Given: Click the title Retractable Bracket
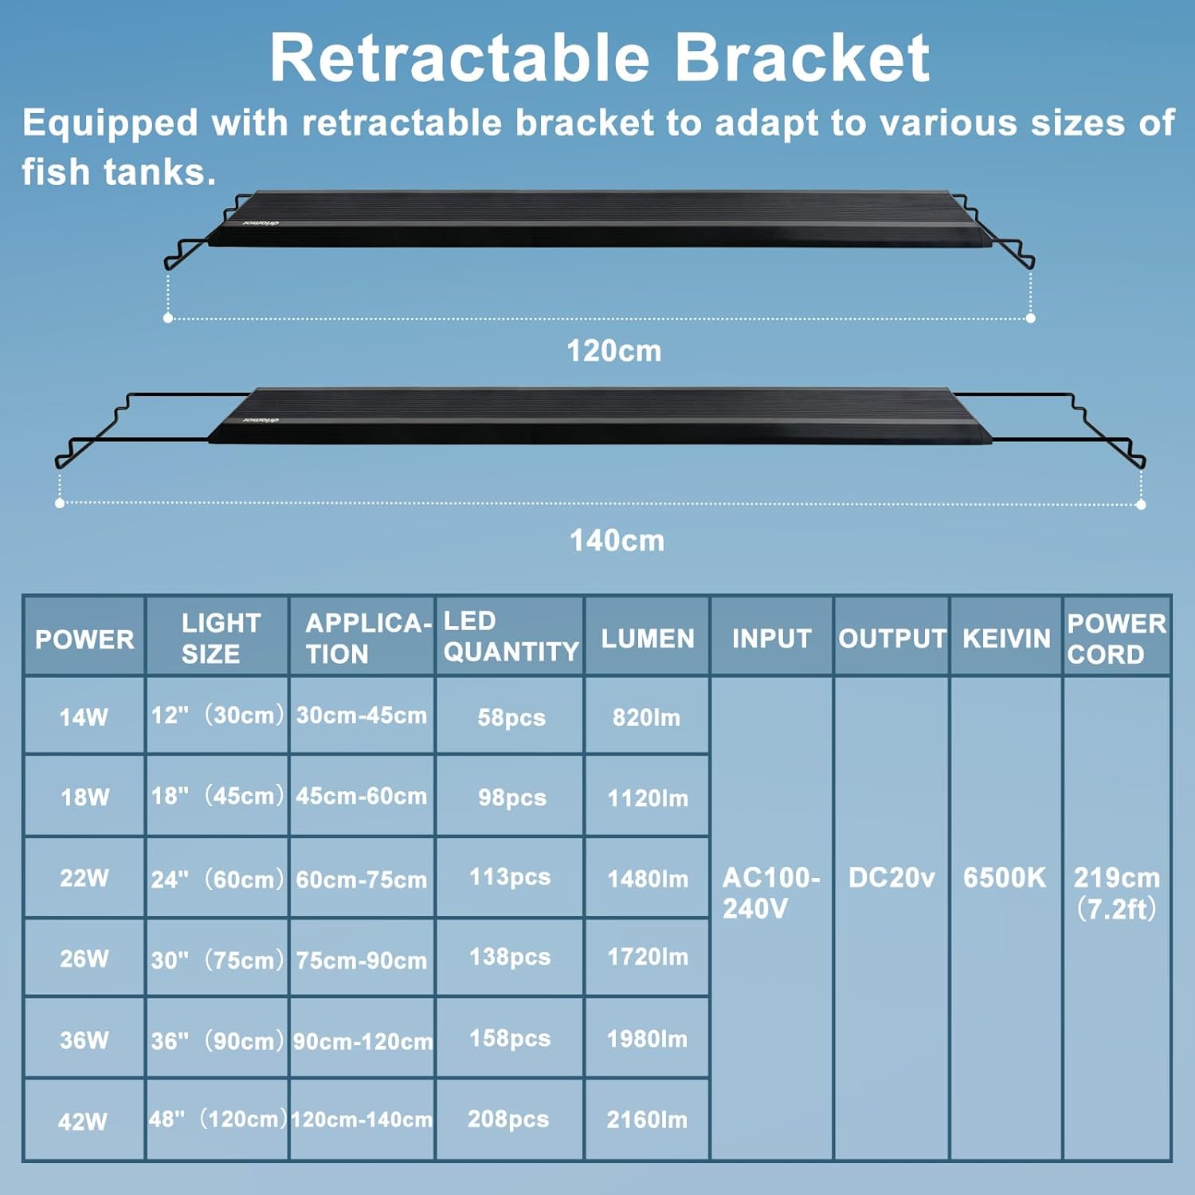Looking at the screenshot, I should pos(599,58).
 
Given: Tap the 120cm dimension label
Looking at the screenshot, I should pos(613,351).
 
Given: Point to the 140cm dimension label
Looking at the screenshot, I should pos(617,541).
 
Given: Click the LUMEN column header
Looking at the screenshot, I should pos(648,638).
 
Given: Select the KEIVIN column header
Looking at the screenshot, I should pos(1006,638).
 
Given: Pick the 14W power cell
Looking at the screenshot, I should pos(84,717).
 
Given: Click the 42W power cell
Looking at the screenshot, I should pos(83,1121).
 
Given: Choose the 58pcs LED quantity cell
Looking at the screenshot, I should pos(511,717).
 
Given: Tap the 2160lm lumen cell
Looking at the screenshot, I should pos(647,1119).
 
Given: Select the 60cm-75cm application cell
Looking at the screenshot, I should pos(362,880).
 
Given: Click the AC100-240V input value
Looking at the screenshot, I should pos(770,892).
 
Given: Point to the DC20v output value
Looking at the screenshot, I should pos(891,877).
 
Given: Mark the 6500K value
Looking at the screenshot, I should pos(1005,877).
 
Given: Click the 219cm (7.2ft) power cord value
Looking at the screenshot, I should pos(1116,892).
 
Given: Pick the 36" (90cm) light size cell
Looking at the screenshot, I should pos(217,1040).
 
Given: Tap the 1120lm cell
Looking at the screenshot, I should pos(648,797).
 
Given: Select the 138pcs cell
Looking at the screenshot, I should pos(510,957).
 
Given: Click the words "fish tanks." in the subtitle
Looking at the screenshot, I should pos(119,172).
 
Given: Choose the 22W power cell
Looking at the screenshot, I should pos(84,878).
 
